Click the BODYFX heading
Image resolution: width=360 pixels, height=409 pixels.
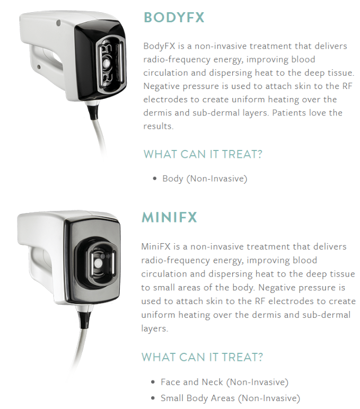(174, 17)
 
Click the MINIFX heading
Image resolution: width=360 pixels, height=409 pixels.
(169, 217)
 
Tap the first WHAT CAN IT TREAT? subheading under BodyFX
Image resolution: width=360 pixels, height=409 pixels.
(203, 154)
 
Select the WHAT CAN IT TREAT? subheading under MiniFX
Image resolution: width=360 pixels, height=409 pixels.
(202, 357)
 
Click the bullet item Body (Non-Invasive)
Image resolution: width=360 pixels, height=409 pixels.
(205, 179)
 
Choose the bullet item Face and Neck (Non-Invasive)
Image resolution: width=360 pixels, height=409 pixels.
(224, 382)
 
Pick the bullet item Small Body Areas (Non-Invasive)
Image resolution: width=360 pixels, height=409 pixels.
(230, 398)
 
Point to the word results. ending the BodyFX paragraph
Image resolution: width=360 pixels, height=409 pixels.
(158, 126)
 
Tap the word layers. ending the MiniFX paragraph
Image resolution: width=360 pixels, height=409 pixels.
(154, 328)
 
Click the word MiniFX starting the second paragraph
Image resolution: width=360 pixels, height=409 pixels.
(156, 246)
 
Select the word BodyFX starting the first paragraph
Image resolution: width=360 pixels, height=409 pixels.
(159, 46)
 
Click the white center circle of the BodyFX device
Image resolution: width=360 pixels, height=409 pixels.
(107, 63)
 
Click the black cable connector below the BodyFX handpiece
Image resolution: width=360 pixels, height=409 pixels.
(92, 110)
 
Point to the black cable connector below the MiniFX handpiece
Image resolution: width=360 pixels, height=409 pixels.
(85, 319)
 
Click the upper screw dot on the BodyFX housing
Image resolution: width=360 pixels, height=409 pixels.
(58, 23)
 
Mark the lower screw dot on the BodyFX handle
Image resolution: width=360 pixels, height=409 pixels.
(39, 67)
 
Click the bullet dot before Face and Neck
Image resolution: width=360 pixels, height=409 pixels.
(153, 383)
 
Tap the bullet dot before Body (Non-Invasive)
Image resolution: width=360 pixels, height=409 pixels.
(155, 179)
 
